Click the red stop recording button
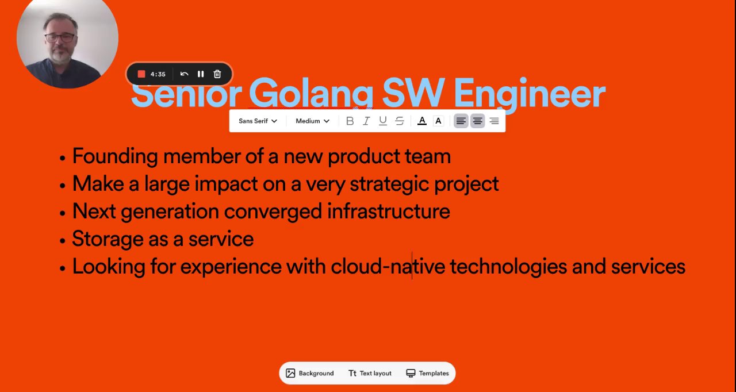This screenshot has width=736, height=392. point(141,74)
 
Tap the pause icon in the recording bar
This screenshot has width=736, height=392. point(201,74)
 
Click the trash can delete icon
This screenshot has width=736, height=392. point(217,74)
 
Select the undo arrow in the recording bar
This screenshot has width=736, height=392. point(184,74)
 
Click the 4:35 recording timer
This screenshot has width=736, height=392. point(158,74)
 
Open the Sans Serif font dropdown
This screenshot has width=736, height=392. point(258,121)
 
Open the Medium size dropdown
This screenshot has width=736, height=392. point(312,121)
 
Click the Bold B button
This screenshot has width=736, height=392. point(350,121)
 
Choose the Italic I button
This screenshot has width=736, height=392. point(366,121)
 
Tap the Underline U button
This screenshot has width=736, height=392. point(383,121)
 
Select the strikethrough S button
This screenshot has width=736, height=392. point(400,121)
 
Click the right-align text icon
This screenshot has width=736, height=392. point(494,121)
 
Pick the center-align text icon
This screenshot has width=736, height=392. point(477,121)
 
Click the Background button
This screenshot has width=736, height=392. point(310,373)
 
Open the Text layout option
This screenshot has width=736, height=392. point(370,373)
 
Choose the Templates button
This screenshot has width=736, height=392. point(427,373)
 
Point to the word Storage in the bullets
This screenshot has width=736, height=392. point(108,239)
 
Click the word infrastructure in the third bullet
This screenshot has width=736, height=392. point(389,211)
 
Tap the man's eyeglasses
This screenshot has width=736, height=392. point(60,37)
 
